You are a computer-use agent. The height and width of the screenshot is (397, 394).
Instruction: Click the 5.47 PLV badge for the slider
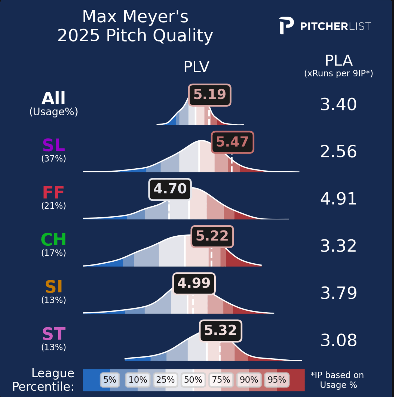pos(232,142)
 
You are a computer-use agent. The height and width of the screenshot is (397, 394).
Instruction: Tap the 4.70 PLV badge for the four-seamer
pos(170,189)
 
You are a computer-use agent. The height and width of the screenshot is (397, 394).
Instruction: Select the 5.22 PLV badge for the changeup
pos(212,236)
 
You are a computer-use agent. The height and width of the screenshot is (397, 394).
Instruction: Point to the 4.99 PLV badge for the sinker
pos(194,284)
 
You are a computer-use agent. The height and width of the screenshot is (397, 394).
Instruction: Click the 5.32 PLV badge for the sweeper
pos(220,331)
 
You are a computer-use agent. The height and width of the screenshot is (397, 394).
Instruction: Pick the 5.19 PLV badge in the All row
pos(210,95)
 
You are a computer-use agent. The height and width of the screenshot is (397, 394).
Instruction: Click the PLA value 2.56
pos(338,152)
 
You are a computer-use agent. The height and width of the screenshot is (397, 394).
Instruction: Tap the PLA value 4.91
pos(338,199)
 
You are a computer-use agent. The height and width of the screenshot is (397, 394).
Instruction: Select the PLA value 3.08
pos(339,340)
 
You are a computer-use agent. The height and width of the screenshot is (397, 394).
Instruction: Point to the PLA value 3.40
pos(338,104)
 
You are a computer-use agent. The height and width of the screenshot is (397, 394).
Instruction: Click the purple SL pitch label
pos(53,145)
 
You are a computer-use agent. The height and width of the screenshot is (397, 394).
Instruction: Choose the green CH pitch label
pos(53,239)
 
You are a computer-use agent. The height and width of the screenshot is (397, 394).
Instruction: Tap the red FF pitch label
pos(53,193)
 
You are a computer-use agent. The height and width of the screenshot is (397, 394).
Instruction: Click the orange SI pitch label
pos(53,287)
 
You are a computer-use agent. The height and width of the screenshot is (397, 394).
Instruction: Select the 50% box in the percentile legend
pos(193,380)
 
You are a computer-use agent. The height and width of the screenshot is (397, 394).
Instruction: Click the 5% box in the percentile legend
pos(110,380)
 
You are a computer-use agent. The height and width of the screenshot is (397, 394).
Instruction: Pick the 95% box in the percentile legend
pos(277,380)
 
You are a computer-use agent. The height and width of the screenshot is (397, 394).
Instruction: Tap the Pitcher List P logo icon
pos(286,26)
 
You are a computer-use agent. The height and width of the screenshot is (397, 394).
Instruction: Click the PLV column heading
pos(196,67)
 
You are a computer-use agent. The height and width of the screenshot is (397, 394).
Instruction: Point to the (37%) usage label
pos(53,159)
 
